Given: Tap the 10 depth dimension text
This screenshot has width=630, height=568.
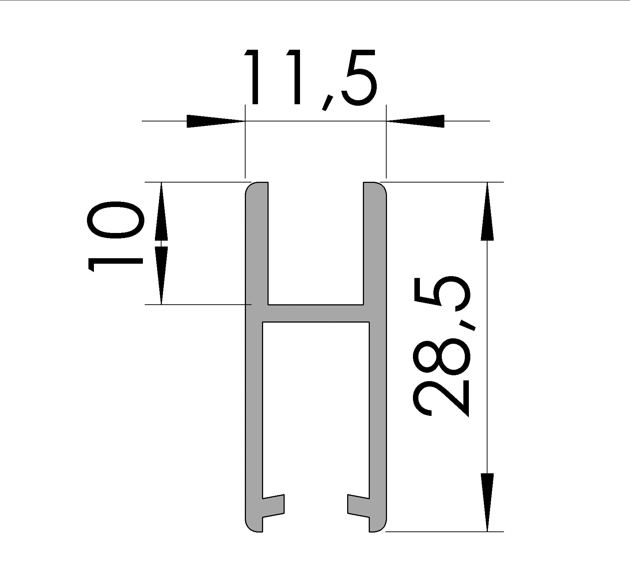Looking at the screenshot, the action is point(115,237).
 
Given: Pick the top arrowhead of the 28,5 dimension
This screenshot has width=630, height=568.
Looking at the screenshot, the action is point(487,211).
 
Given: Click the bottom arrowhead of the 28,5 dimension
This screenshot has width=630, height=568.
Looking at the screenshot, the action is point(487,502).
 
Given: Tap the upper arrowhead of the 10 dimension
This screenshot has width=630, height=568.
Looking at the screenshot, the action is point(161,211).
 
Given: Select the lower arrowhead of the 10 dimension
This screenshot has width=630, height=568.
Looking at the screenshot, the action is point(161,275).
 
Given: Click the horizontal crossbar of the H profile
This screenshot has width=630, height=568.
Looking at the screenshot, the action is point(316,313).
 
